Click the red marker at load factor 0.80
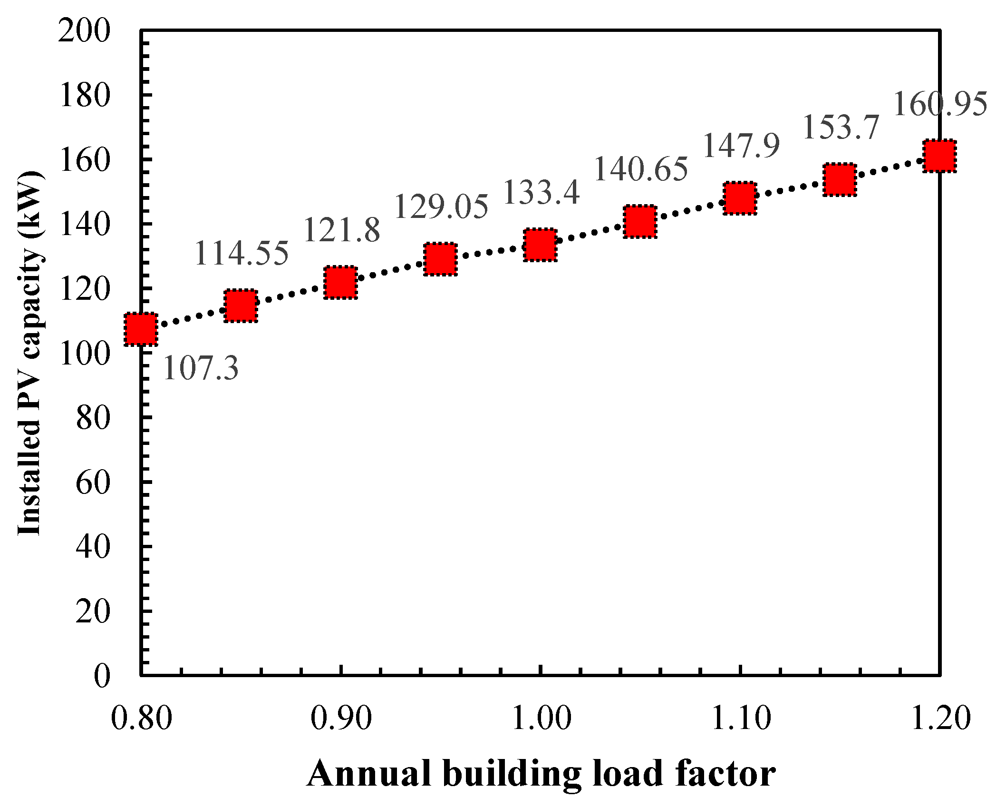click(141, 329)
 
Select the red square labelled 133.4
click(540, 245)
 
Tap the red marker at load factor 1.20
click(939, 156)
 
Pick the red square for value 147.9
click(740, 198)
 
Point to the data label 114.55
click(242, 253)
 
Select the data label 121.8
click(342, 231)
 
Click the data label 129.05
click(441, 207)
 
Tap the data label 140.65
click(641, 169)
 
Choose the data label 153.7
click(841, 128)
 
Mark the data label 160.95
click(940, 105)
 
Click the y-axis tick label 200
click(84, 32)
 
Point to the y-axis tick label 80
click(93, 419)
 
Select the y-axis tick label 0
click(102, 676)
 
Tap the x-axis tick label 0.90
click(341, 719)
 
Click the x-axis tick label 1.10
click(740, 719)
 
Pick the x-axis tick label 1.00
click(541, 719)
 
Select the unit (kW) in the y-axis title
click(29, 210)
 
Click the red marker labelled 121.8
click(340, 283)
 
